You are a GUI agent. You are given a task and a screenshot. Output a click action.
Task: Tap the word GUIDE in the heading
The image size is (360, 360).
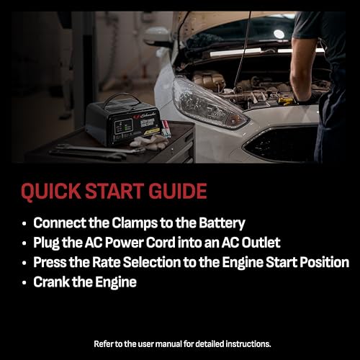[178, 191]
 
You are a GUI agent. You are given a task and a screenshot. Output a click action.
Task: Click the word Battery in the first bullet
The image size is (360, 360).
[222, 224]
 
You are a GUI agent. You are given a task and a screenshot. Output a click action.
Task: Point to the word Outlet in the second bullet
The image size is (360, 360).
[261, 243]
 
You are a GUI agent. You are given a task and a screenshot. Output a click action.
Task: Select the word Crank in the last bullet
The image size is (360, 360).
[51, 282]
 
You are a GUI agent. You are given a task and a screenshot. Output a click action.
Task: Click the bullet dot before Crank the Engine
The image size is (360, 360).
[24, 283]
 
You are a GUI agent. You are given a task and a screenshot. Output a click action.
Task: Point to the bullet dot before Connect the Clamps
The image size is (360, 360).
[24, 224]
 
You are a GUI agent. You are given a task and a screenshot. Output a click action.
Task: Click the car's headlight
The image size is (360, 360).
[210, 104]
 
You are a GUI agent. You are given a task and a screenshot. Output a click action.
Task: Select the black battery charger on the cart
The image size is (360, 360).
[124, 121]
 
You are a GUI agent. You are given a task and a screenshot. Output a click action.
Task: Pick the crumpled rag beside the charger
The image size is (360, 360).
[149, 142]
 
